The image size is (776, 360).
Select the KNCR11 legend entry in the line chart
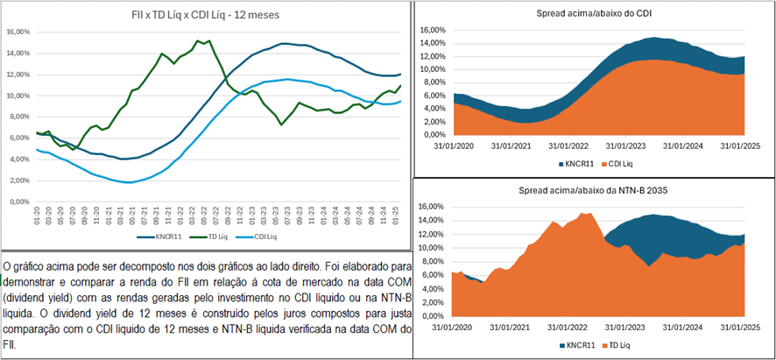[x=162, y=237]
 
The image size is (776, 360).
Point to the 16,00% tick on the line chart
[x=19, y=32]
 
